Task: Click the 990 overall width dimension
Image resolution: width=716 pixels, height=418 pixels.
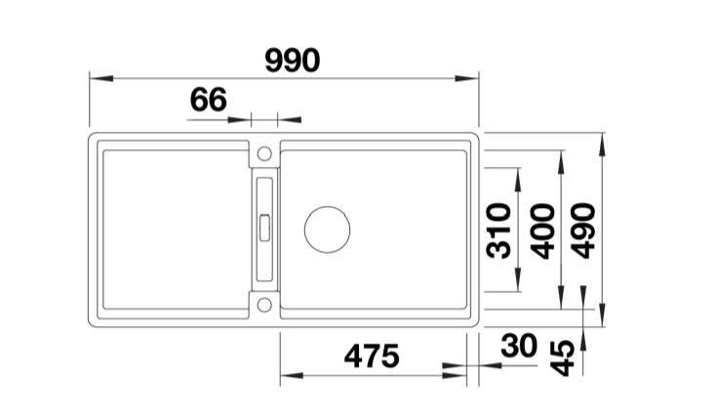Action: (293, 61)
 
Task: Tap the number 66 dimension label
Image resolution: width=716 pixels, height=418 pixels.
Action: (208, 100)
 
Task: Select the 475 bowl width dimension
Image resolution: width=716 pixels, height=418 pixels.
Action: (372, 356)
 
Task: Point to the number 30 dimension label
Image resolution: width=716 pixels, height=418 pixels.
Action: (519, 346)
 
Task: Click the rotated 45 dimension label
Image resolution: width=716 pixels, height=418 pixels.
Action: (562, 358)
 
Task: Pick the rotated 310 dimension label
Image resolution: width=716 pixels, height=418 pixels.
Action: (498, 230)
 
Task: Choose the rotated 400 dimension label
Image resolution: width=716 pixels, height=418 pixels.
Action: (542, 230)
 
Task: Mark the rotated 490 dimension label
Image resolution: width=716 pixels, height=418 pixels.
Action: (584, 230)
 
